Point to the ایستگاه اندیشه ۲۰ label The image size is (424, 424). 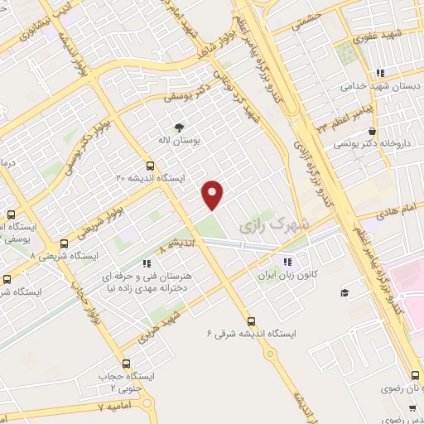150,177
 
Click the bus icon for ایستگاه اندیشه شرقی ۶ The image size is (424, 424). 252,322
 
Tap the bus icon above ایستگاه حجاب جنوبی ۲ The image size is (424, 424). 127,364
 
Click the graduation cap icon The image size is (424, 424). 344,292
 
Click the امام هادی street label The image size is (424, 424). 377,212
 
